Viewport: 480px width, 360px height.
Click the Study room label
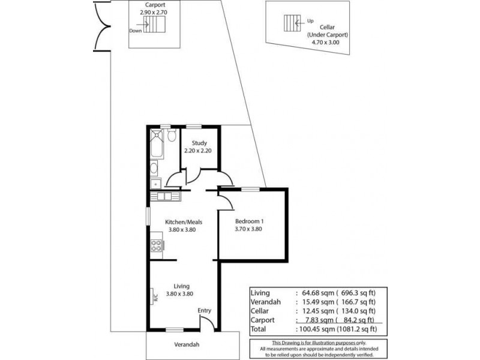coord(199,143)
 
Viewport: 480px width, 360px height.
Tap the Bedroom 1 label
coord(249,221)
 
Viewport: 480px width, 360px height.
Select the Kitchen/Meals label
coord(181,221)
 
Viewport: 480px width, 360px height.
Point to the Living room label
coord(182,286)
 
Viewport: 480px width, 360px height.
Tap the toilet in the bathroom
coord(172,137)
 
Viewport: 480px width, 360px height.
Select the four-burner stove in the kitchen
coord(157,245)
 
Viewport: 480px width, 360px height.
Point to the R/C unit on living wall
coord(154,295)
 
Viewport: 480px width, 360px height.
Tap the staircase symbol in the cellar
coord(292,22)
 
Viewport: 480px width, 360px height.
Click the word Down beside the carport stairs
coord(136,31)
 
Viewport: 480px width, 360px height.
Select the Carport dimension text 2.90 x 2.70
coord(155,11)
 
